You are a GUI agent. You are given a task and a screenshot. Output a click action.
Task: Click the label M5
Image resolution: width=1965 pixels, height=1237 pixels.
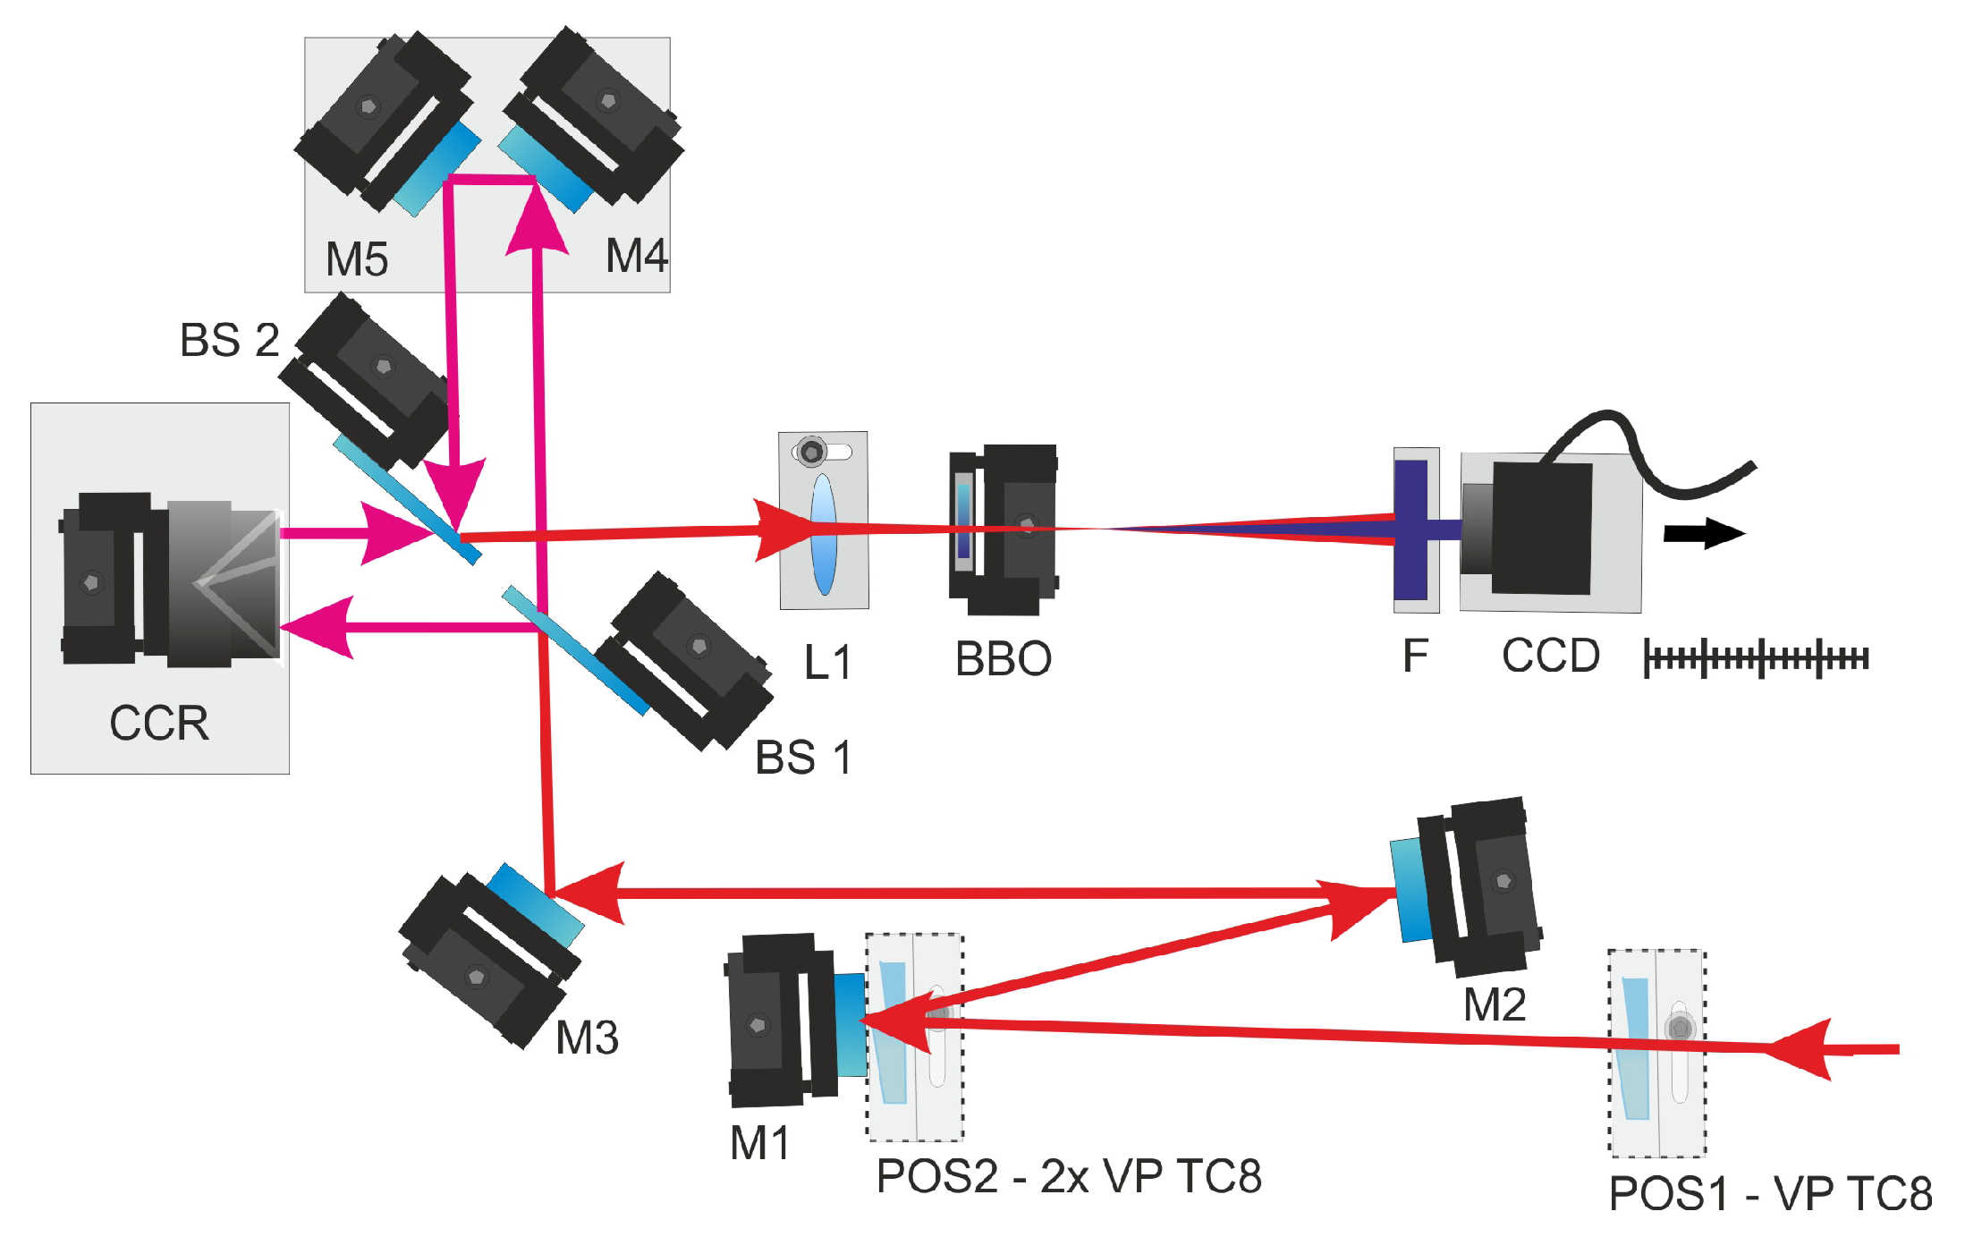click(x=356, y=260)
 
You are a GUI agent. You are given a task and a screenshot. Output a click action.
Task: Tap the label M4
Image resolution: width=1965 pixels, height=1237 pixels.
click(x=636, y=256)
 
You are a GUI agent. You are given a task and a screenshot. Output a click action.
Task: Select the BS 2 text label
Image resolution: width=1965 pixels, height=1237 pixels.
click(x=230, y=341)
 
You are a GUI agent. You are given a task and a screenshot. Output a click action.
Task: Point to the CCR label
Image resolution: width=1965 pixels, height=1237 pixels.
click(x=159, y=723)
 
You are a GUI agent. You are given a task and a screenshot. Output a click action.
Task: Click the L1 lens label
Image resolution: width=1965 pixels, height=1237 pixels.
click(x=827, y=664)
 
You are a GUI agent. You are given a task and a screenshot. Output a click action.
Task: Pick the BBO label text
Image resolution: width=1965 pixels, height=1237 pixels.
click(x=1003, y=660)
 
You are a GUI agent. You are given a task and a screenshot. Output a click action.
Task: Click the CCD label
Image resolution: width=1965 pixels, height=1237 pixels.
click(x=1550, y=656)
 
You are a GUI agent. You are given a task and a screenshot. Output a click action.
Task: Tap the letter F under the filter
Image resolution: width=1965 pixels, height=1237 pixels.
click(x=1414, y=657)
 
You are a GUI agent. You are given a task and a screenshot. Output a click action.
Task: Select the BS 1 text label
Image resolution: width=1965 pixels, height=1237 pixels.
click(x=802, y=758)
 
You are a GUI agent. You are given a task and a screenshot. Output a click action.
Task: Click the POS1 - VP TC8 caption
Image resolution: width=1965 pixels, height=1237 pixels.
click(x=1770, y=1194)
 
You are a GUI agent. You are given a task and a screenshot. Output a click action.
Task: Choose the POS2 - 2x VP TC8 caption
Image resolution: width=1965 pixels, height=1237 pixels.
click(x=1069, y=1176)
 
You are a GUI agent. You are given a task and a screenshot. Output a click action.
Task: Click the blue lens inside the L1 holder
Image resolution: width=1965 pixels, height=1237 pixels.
click(x=823, y=534)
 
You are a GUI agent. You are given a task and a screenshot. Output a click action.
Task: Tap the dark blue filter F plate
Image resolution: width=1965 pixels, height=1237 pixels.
click(x=1410, y=530)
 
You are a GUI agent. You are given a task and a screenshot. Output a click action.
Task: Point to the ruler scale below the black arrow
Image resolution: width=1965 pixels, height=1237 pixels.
click(x=1756, y=659)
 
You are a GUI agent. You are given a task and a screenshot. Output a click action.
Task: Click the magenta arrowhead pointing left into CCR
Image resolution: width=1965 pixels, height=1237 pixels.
click(x=320, y=627)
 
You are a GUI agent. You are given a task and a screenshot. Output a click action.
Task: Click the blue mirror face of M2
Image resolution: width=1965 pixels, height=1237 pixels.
click(x=1410, y=890)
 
